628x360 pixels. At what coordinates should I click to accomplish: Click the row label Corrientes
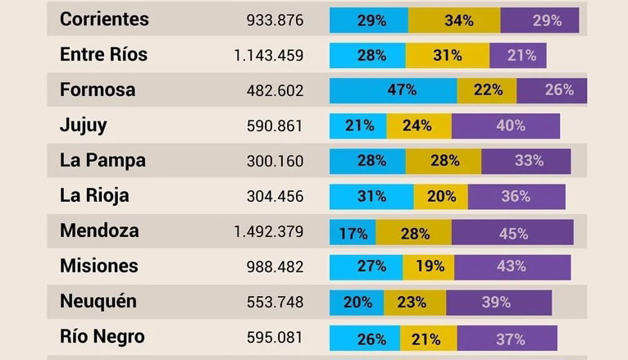coord(104,19)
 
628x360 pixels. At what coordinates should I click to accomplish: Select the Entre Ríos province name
coord(103,55)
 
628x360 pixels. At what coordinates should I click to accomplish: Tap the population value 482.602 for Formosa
coord(275,91)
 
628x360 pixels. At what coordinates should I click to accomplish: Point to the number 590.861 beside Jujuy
coord(275,126)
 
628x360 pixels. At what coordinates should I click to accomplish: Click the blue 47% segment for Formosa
coord(394,90)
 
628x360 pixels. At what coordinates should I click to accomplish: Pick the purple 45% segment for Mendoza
coord(512,233)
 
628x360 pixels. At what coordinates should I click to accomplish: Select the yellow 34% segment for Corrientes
coord(453,21)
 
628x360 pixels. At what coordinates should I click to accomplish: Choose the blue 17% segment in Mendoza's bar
coord(353,233)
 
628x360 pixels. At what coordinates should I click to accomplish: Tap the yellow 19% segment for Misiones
coord(429,267)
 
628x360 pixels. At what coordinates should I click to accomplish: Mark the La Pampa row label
coord(102,161)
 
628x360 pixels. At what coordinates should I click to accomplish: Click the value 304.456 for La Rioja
coord(275,197)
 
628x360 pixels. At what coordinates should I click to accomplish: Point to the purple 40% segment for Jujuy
coord(506,126)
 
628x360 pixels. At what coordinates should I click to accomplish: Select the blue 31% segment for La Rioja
coord(371,197)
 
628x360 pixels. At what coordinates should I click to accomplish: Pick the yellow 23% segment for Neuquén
coord(415,303)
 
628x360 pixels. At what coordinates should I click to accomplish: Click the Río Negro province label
coord(102,336)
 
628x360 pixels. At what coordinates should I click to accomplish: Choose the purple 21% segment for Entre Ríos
coord(517,56)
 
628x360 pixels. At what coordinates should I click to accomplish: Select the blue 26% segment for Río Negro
coord(365,337)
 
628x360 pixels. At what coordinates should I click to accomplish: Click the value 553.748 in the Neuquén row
coord(275,303)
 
